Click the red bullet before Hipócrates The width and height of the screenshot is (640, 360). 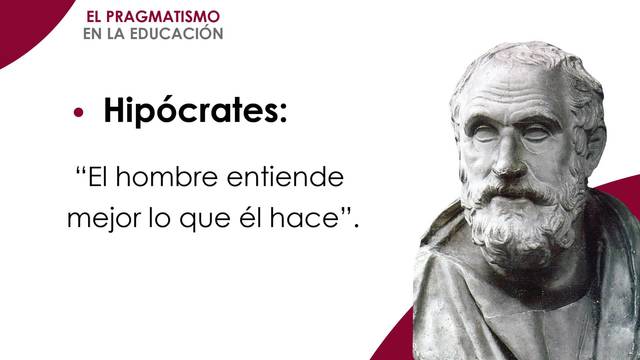pyautogui.click(x=81, y=113)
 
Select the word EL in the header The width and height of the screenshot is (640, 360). pyautogui.click(x=98, y=17)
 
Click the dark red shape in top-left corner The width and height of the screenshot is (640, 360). pyautogui.click(x=25, y=25)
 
